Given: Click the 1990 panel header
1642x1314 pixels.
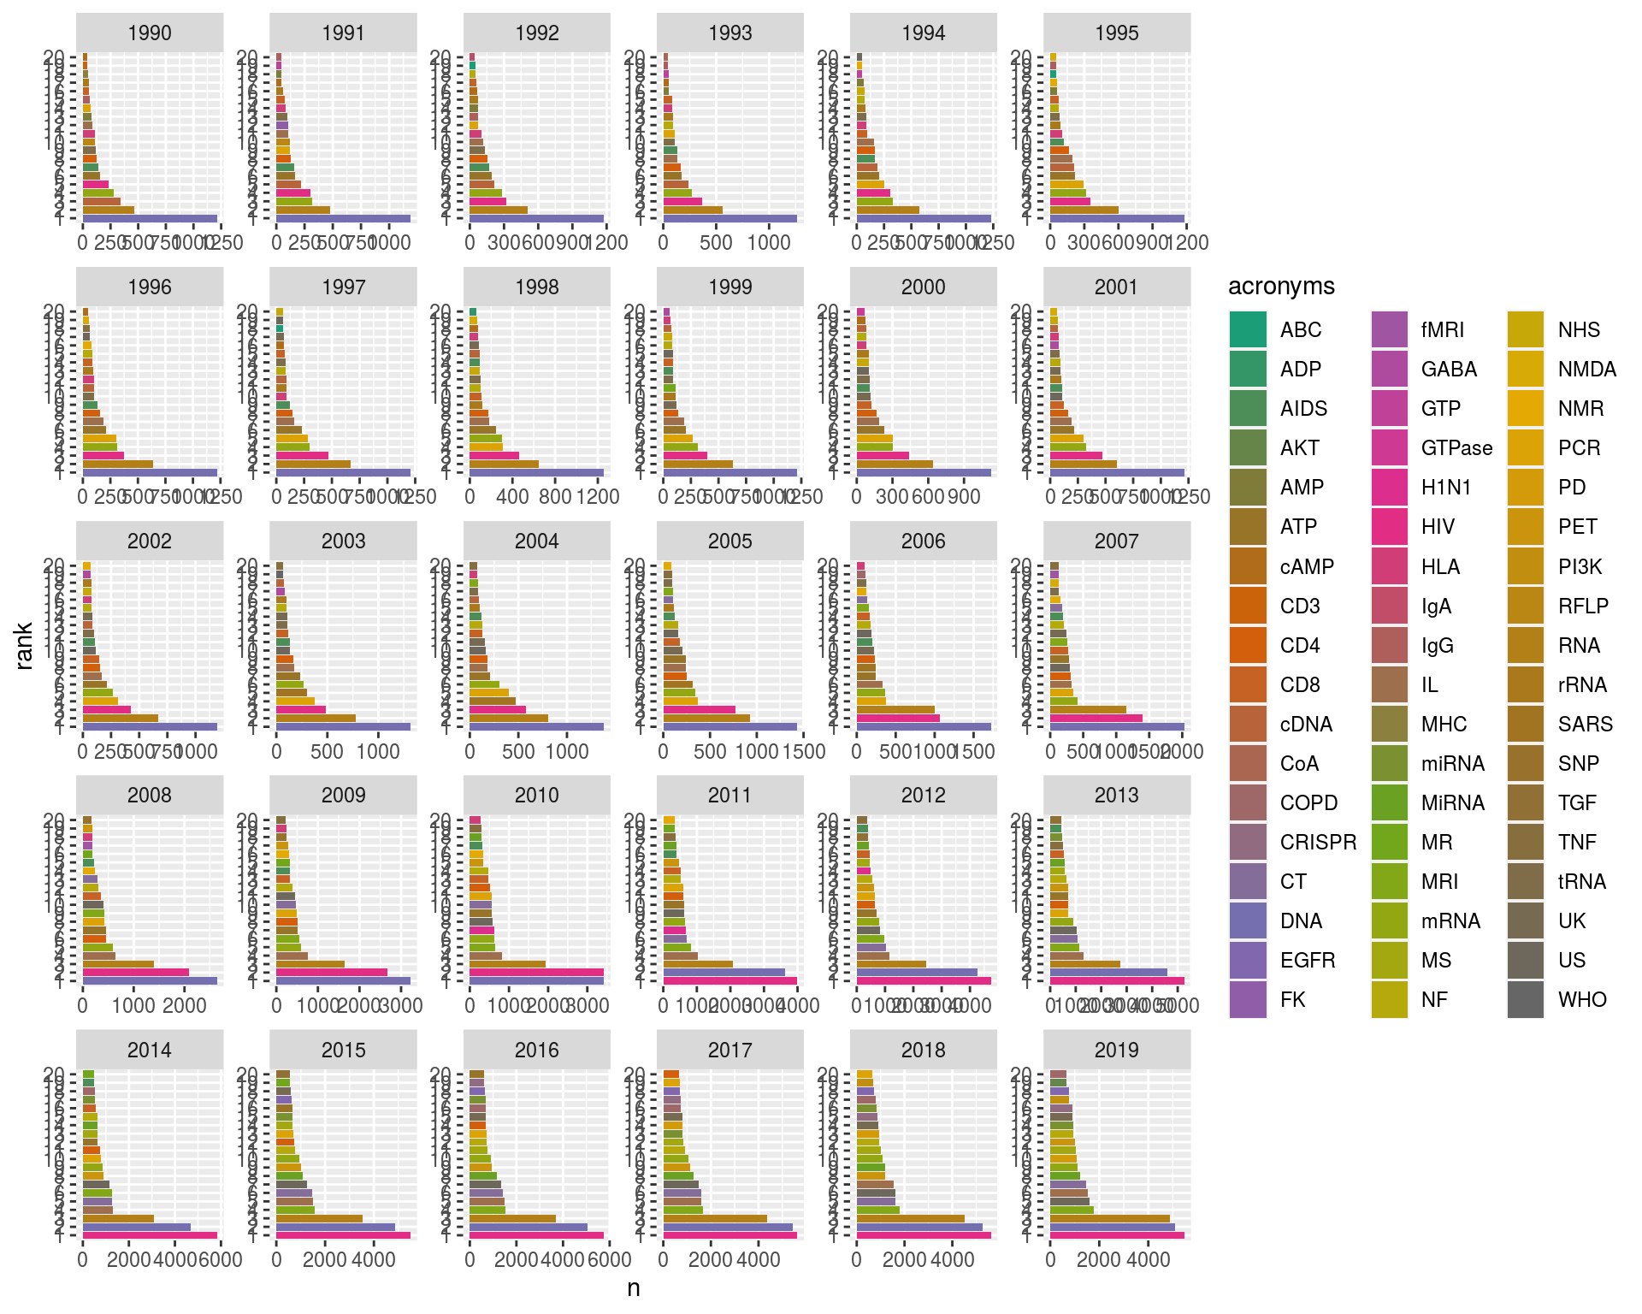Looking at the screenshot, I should [x=150, y=33].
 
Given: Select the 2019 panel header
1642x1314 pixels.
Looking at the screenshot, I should [x=1116, y=1050].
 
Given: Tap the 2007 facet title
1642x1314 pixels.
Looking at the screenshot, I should [x=1116, y=541].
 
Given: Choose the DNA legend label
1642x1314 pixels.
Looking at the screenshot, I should [x=1301, y=920].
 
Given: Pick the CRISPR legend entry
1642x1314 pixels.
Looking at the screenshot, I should [x=1318, y=842].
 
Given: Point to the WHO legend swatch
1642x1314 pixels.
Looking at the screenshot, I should [x=1526, y=999].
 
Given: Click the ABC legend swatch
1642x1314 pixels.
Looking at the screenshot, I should [x=1248, y=329].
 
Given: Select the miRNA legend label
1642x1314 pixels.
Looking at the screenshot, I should [x=1452, y=763].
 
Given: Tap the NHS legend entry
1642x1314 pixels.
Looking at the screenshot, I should [x=1579, y=329].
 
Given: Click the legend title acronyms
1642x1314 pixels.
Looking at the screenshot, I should [x=1281, y=286].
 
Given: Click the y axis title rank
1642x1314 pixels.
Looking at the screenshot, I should [x=23, y=646].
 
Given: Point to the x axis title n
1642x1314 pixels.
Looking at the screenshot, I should [x=634, y=1288].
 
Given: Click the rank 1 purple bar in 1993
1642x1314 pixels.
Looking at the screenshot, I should [x=729, y=219].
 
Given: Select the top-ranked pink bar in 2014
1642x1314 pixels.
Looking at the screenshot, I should [x=150, y=1234].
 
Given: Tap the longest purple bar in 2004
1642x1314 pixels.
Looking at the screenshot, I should [x=536, y=726].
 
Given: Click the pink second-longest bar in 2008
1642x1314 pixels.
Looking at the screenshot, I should [x=135, y=972].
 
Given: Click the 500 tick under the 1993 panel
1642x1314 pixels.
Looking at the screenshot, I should [x=716, y=243].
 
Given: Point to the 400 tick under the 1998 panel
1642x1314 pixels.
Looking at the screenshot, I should [x=512, y=497].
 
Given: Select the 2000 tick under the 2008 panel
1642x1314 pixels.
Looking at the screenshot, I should [x=186, y=1005].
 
